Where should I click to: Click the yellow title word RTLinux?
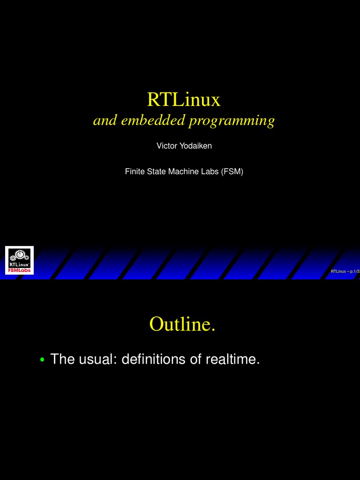click(183, 99)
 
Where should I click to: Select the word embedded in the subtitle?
click(154, 120)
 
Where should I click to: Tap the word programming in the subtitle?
click(232, 121)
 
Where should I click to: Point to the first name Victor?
click(166, 146)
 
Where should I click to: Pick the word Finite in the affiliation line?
click(135, 172)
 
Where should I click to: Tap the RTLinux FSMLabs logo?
click(19, 260)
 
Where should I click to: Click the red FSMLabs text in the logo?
click(19, 270)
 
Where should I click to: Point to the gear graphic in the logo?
click(19, 255)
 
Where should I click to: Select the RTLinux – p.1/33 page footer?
click(345, 271)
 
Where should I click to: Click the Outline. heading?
click(182, 324)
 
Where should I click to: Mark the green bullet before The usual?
click(42, 360)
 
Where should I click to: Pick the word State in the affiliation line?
click(157, 172)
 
